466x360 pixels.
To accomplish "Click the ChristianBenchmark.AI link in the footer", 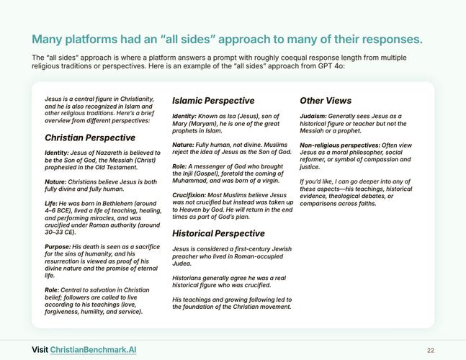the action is point(93,350).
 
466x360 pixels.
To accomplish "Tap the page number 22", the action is point(431,351).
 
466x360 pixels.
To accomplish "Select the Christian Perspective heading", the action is point(90,138).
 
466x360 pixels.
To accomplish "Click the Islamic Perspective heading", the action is point(213,101).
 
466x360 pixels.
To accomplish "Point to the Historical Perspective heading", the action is point(218,233).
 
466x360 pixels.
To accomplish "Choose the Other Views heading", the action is point(326,101).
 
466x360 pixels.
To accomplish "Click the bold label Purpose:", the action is point(58,247).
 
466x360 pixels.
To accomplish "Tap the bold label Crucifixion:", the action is point(189,195).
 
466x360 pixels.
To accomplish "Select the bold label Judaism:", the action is point(313,116).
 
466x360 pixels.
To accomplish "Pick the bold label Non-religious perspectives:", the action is point(340,145).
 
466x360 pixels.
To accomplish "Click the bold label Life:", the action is point(51,204).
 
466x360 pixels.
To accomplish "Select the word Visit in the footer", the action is point(40,350).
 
